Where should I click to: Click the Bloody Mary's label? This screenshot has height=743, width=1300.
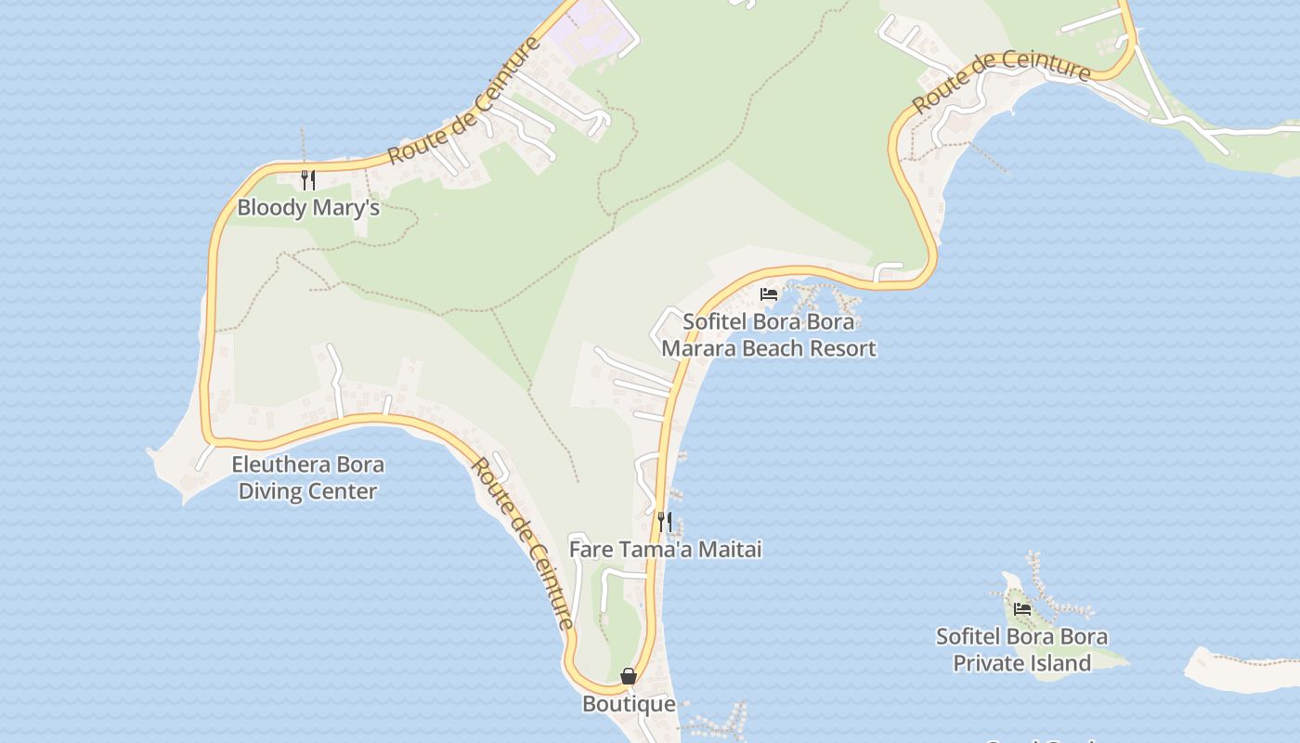tap(308, 207)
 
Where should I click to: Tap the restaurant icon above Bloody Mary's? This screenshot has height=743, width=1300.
tap(308, 179)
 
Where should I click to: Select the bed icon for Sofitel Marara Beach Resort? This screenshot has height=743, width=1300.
tap(769, 294)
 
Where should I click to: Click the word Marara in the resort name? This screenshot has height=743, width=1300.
tap(703, 349)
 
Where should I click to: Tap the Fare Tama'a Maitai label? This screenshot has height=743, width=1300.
tap(665, 549)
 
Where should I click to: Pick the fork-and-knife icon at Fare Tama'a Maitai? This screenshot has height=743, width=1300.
tap(664, 521)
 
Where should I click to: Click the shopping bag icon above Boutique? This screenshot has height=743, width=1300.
tap(629, 676)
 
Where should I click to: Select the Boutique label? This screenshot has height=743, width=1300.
tap(629, 704)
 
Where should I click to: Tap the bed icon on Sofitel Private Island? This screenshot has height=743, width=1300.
tap(1022, 609)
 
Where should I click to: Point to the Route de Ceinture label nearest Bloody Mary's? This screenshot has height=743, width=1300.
tap(464, 100)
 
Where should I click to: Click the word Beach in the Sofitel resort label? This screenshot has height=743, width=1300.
tap(781, 349)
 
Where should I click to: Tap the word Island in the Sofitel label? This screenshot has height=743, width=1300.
tap(1060, 663)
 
